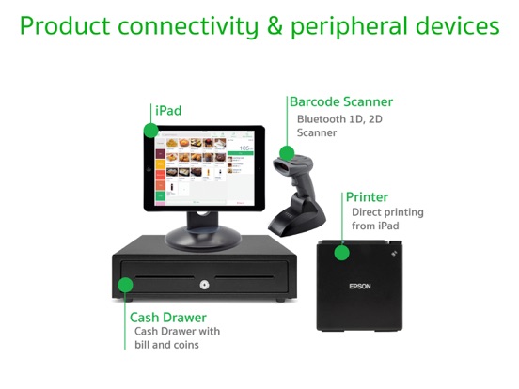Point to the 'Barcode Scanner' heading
340,101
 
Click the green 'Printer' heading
367,196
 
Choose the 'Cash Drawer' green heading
168,317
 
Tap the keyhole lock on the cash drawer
202,283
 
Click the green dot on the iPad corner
149,130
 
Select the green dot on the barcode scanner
287,154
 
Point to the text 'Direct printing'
385,212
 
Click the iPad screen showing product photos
200,168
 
